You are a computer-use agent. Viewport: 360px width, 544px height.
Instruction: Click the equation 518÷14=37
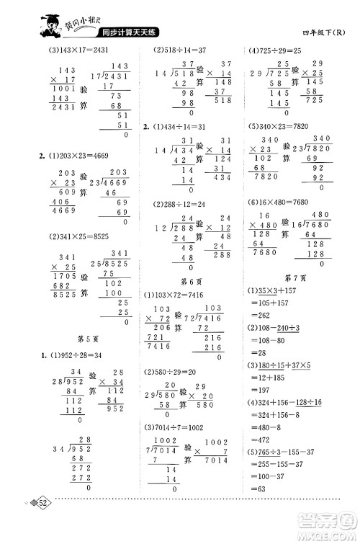180,50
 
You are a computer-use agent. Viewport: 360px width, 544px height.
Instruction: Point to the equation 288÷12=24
180,203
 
